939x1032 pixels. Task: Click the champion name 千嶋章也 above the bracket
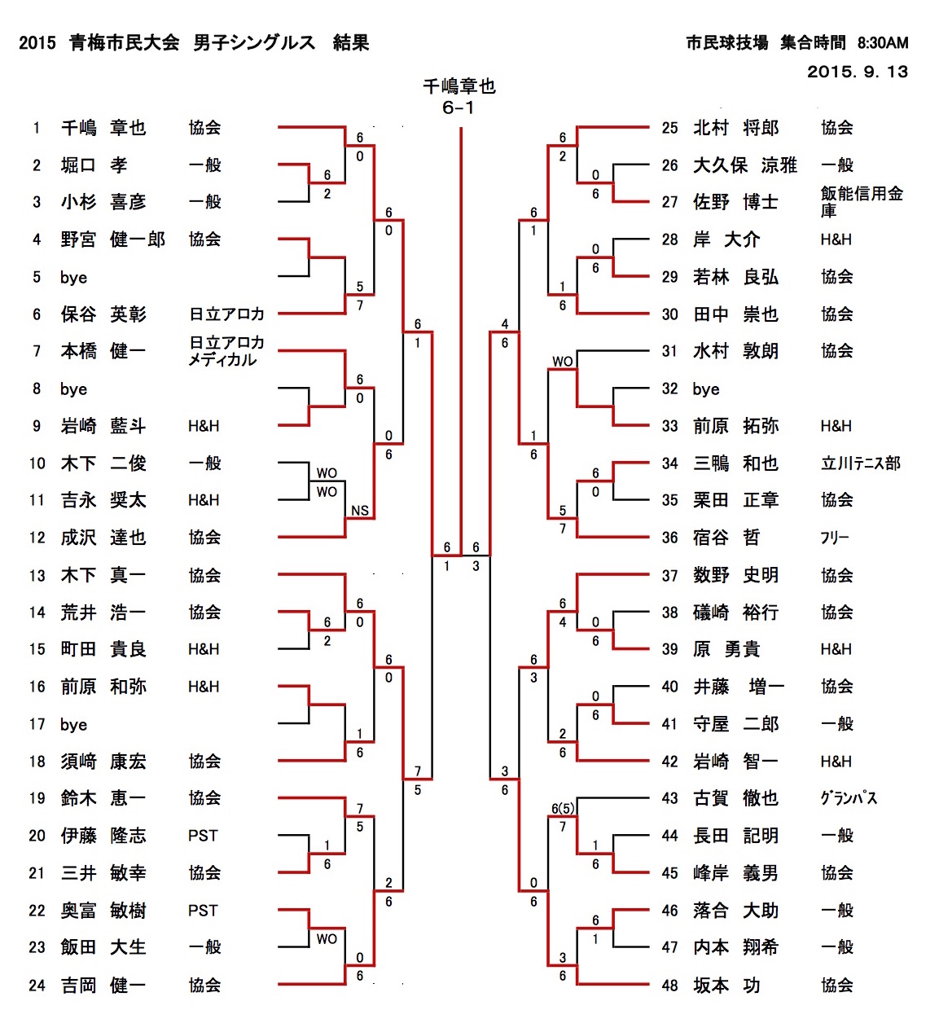[x=459, y=86]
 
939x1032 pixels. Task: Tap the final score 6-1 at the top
[x=459, y=108]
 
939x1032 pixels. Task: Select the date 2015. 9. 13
[x=857, y=72]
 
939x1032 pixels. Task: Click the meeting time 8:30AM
[x=883, y=43]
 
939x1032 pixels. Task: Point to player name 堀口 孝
[x=94, y=165]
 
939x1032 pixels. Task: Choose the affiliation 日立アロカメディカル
[x=226, y=351]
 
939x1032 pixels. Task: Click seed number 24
[x=37, y=986]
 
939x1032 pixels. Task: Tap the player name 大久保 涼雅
[x=744, y=165]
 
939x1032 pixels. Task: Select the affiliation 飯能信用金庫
[x=861, y=201]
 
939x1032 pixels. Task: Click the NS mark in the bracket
[x=359, y=511]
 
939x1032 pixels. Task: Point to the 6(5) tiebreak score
[x=563, y=809]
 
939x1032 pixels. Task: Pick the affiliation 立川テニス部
[x=860, y=463]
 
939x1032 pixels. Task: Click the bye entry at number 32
[x=705, y=389]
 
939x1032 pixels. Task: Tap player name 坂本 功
[x=726, y=986]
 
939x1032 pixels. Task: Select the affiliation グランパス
[x=849, y=798]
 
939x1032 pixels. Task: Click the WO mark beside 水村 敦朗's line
[x=563, y=362]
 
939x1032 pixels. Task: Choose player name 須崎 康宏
[x=103, y=762]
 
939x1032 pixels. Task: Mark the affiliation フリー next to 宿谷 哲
[x=834, y=538]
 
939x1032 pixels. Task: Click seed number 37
[x=669, y=576]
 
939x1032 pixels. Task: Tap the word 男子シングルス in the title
[x=254, y=42]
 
